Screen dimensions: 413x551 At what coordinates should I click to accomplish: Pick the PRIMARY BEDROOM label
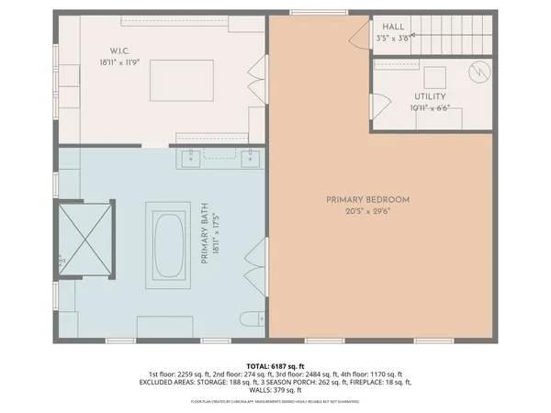367,199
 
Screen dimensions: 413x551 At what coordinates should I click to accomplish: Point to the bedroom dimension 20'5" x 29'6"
367,211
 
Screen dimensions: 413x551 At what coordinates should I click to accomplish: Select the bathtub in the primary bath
169,245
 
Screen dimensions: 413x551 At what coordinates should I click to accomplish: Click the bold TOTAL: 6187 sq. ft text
275,364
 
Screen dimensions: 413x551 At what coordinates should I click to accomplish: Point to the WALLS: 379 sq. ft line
275,390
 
